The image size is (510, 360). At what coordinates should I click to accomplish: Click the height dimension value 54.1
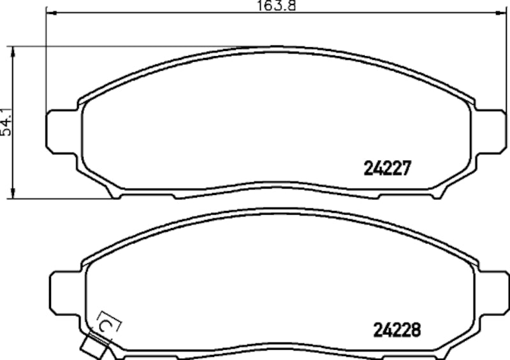point(6,120)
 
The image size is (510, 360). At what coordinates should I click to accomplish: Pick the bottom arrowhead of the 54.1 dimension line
point(13,194)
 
